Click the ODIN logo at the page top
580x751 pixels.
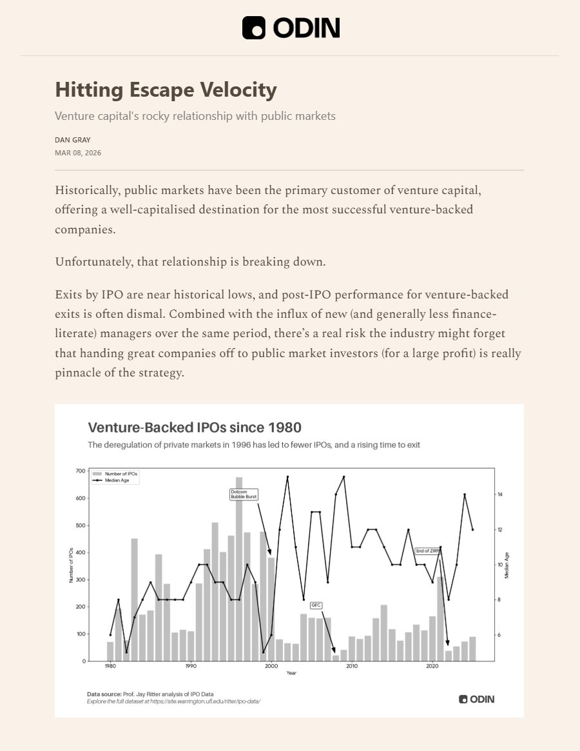point(290,28)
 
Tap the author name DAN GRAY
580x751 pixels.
point(72,139)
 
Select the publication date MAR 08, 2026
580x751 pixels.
point(78,153)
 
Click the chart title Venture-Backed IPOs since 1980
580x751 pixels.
point(194,427)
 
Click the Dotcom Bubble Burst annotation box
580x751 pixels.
point(243,494)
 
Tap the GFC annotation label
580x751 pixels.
point(316,605)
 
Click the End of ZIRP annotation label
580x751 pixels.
point(426,551)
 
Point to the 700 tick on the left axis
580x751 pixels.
point(81,471)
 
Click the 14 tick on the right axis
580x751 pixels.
point(500,494)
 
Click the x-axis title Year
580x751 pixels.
point(291,673)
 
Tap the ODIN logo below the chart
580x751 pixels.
point(477,699)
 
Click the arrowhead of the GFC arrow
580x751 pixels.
point(334,651)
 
